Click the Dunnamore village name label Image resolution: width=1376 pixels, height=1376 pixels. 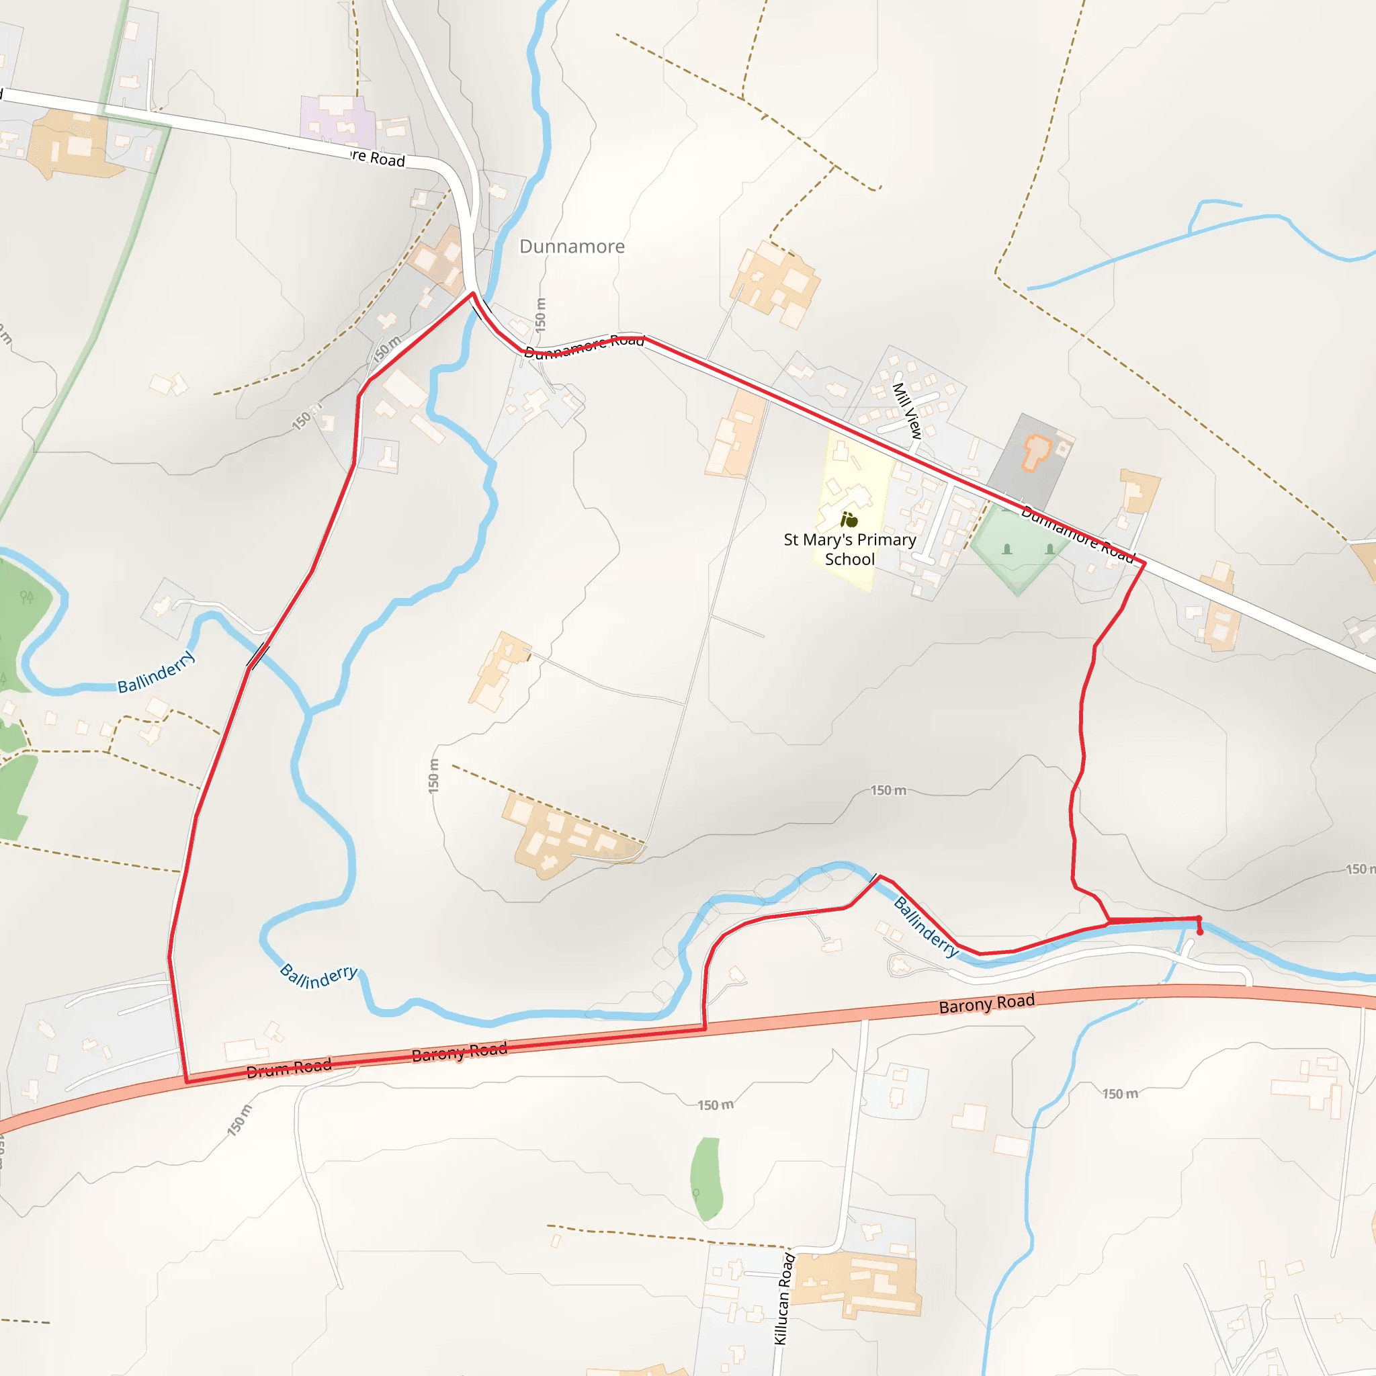(572, 247)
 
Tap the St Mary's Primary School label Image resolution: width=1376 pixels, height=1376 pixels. (850, 549)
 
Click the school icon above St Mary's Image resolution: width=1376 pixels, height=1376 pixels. (849, 519)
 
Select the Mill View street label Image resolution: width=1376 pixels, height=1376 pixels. (907, 411)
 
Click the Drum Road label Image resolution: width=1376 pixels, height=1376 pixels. (288, 1068)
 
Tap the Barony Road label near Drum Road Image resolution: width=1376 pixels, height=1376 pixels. (460, 1052)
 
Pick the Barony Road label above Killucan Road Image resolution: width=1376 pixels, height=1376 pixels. (986, 1004)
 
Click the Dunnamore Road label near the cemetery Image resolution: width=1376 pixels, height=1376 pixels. (1076, 533)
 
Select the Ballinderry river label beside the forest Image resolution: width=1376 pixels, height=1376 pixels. (156, 672)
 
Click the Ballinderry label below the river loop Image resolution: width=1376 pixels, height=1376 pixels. (318, 976)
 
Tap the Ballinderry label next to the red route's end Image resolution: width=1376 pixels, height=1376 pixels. (926, 927)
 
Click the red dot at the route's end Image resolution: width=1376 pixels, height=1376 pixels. (1200, 933)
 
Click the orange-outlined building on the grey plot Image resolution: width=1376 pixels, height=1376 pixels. (1036, 453)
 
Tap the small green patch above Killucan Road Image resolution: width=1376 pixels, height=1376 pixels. (706, 1178)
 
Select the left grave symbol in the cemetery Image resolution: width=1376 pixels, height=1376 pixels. (1007, 549)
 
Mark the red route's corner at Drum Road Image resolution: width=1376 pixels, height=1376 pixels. (187, 1081)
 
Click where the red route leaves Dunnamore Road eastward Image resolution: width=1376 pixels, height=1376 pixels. (1144, 564)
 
